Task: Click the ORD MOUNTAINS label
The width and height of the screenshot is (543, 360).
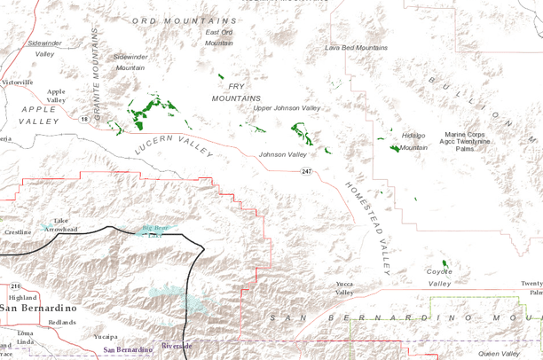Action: point(184,20)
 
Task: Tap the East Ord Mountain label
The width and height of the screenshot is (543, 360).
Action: point(219,37)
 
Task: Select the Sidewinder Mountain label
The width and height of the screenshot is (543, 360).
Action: point(130,62)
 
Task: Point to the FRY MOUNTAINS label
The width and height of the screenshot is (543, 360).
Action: point(236,91)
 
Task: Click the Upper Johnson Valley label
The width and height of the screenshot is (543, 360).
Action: point(287,108)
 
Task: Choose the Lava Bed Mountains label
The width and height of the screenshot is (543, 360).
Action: point(357,47)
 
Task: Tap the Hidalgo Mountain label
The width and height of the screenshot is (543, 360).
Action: point(413,141)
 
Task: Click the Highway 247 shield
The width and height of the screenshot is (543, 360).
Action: point(306,170)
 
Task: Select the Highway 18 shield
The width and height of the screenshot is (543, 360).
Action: point(84,118)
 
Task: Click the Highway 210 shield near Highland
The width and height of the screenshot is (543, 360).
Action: point(17,286)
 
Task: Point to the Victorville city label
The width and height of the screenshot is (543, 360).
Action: point(16,82)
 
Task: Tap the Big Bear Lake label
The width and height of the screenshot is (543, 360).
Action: point(152,231)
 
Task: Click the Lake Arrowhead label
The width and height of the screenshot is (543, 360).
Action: point(61,224)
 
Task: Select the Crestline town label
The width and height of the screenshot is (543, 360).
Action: point(19,232)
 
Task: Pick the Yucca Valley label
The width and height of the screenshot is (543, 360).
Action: point(344,288)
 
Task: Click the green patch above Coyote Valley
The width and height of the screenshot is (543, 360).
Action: point(445,265)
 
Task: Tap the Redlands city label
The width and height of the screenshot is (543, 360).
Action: point(62,322)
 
